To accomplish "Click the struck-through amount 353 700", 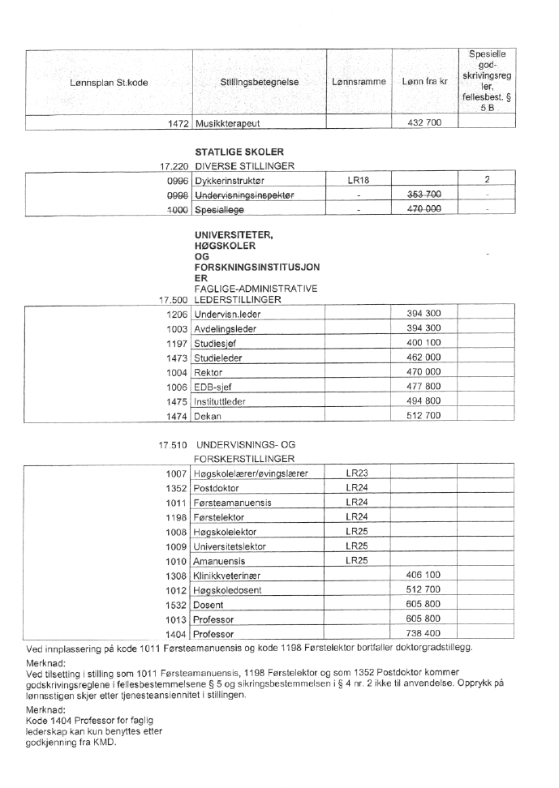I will [x=423, y=195].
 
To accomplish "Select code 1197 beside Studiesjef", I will [x=178, y=343].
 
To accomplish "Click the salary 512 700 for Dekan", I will [x=423, y=416].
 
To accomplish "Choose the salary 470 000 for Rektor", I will [x=423, y=372].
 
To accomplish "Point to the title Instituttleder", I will [x=221, y=401].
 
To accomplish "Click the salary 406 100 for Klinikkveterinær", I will [x=423, y=575].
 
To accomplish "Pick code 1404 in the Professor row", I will [x=178, y=633].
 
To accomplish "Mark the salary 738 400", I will [x=423, y=633].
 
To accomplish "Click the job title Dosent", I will [x=208, y=604].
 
